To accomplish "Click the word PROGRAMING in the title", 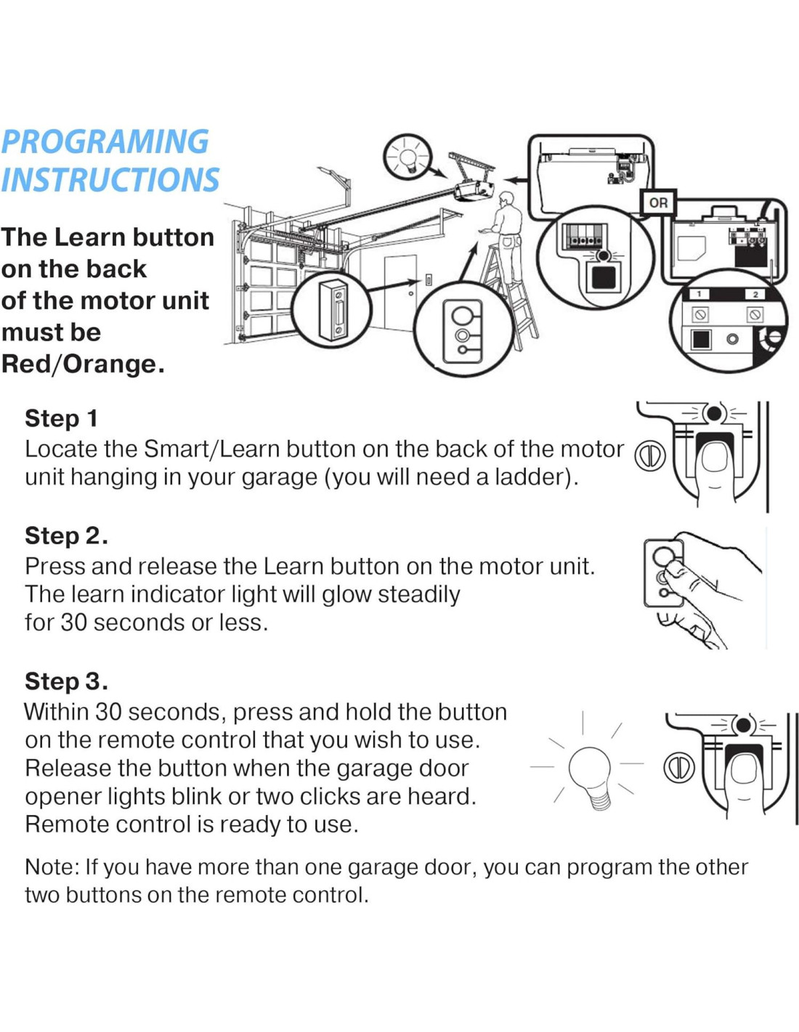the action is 105,142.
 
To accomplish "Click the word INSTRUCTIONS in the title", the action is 110,179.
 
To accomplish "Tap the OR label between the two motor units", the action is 658,202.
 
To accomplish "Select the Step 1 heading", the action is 61,419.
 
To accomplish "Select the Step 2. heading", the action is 67,536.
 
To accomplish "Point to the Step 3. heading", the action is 67,681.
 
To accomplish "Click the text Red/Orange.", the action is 83,364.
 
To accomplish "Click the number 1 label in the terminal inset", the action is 699,295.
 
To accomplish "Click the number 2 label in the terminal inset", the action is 755,295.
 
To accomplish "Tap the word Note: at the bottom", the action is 52,867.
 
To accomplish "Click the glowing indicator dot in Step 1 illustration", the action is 714,414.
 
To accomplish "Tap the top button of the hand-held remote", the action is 662,554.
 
